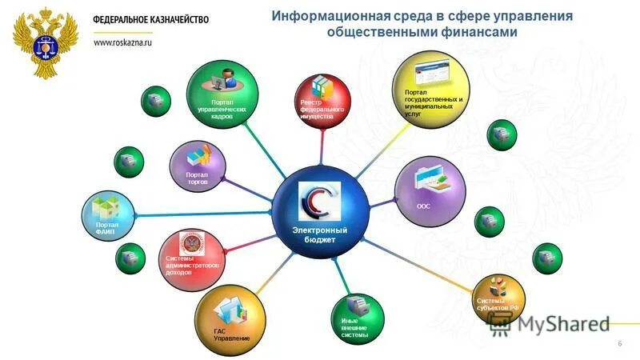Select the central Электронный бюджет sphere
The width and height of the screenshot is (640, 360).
(x=318, y=214)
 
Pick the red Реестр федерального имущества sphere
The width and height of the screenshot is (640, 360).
(x=322, y=102)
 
